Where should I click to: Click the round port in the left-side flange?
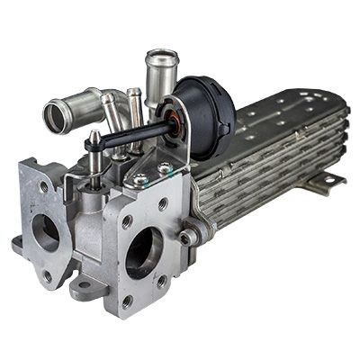point(45,232)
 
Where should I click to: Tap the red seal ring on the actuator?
point(171,117)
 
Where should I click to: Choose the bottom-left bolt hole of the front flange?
point(126,300)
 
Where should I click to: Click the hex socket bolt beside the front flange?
point(188,236)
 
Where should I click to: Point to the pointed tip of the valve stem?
point(93,135)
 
